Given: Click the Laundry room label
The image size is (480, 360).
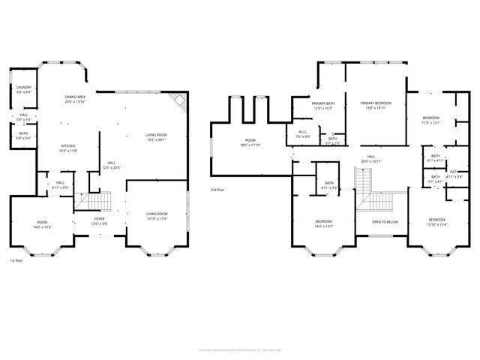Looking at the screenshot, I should tap(23, 90).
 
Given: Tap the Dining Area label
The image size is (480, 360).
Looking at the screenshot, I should tap(75, 99).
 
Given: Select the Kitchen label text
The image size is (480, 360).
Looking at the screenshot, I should tap(69, 148).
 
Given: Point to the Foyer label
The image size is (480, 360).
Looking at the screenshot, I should tap(99, 222).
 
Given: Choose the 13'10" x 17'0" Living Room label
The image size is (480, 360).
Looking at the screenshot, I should tap(157, 216).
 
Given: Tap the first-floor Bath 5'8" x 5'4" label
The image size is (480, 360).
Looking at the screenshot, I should tap(23, 136).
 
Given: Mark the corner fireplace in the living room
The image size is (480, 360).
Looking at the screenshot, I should tap(178, 101).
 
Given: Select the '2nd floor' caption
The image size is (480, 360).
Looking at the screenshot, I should tap(217, 190).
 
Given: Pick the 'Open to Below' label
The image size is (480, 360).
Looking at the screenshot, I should tap(385, 222).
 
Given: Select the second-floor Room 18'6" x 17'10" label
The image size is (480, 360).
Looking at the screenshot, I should tap(250, 143).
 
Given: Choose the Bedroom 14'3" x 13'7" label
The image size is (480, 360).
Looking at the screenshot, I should tap(323, 223).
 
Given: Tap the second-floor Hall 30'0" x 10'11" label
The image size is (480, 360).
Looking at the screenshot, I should tap(370, 160).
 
